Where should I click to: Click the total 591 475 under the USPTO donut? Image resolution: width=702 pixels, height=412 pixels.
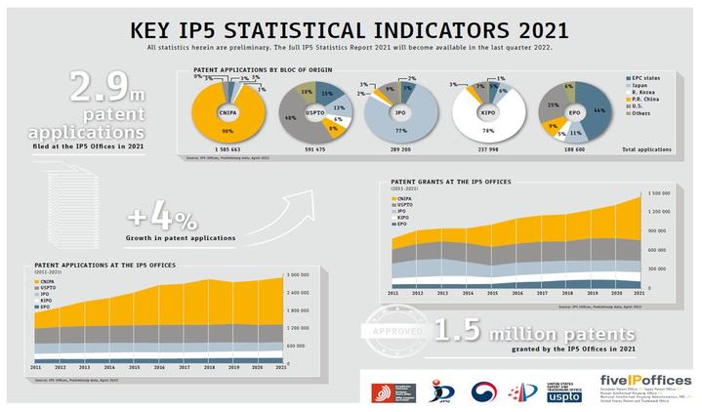coord(310,149)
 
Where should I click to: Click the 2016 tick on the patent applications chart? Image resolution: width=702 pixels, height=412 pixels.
coord(133,368)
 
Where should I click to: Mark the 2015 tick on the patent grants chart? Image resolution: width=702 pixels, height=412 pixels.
coord(492,293)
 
